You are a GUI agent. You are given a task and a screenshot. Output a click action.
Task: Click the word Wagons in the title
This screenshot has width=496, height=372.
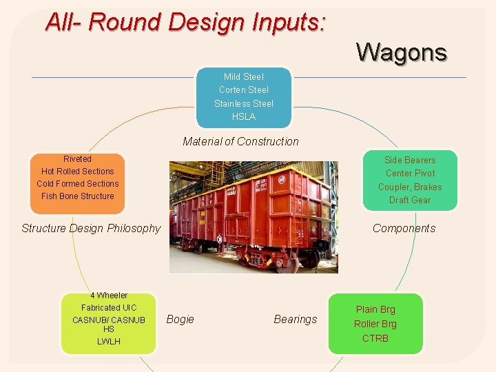[401, 52]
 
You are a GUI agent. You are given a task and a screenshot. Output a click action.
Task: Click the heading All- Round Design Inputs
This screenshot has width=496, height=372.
[185, 22]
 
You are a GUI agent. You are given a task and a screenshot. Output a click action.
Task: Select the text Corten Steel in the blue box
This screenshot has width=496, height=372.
[243, 90]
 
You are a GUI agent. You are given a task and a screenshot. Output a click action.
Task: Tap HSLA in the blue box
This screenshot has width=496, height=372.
[243, 116]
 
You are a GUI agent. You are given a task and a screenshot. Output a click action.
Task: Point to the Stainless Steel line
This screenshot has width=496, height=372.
[243, 103]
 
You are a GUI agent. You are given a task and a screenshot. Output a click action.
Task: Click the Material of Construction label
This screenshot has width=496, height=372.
[240, 142]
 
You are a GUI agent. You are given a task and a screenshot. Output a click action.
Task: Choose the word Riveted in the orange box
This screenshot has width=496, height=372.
[77, 159]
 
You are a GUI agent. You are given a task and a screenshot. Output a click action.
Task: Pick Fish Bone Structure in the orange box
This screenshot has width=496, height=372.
[77, 196]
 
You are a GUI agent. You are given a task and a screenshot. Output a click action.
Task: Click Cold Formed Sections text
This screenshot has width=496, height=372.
[77, 184]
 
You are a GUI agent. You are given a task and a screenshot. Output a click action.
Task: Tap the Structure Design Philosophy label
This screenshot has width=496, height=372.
[91, 229]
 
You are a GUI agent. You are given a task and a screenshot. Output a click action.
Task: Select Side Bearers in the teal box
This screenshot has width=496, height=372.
[410, 161]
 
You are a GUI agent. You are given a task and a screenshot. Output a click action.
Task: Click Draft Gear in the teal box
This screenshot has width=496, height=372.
[410, 200]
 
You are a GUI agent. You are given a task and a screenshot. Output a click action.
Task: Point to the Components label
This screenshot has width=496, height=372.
[404, 229]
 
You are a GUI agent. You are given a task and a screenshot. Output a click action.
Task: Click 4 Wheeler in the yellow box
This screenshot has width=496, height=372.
[108, 296]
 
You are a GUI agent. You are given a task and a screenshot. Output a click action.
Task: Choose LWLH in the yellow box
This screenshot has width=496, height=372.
[108, 342]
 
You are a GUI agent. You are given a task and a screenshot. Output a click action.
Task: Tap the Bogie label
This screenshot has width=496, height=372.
[180, 320]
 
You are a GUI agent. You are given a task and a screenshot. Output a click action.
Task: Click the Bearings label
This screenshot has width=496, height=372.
[296, 320]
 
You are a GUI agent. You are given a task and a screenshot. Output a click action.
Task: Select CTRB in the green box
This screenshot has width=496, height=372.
[375, 338]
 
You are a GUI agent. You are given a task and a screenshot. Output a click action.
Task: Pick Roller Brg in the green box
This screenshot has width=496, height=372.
[375, 324]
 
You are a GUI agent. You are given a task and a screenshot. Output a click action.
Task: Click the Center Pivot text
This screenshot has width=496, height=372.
[410, 174]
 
